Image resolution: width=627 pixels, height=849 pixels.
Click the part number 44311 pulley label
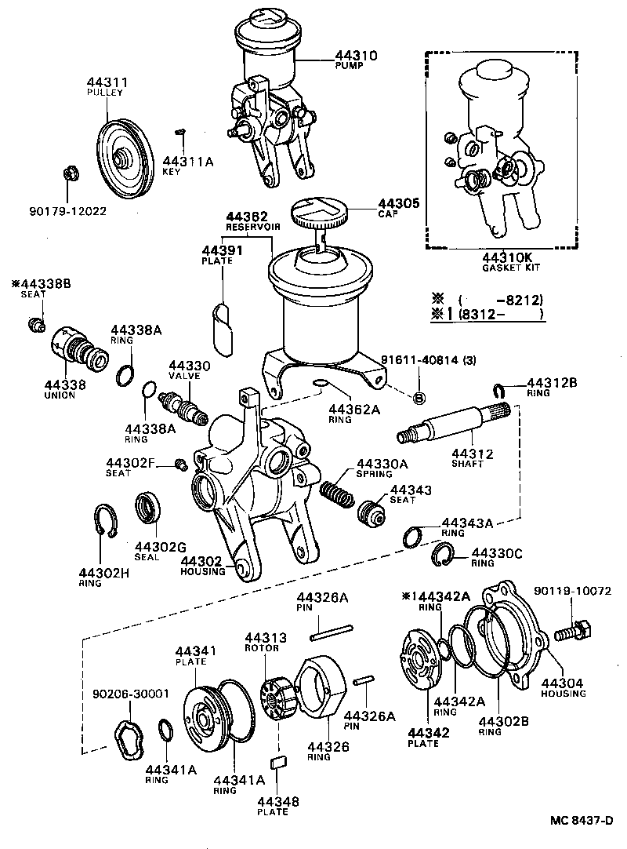tap(107, 82)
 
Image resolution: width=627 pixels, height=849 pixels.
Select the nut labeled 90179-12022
tap(69, 173)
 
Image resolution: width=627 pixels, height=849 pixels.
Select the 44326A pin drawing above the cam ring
tap(333, 627)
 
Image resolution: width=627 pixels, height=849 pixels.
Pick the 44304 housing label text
tap(562, 683)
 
